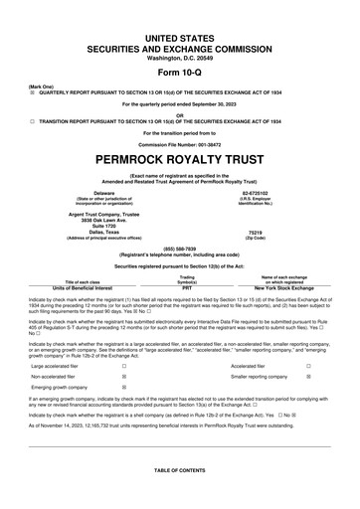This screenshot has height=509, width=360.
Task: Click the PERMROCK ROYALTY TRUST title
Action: [x=179, y=158]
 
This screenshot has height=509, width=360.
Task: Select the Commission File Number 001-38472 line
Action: [x=179, y=143]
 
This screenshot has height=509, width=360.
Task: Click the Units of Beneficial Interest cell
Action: [x=80, y=286]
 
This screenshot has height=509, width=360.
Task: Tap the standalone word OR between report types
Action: [x=179, y=114]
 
